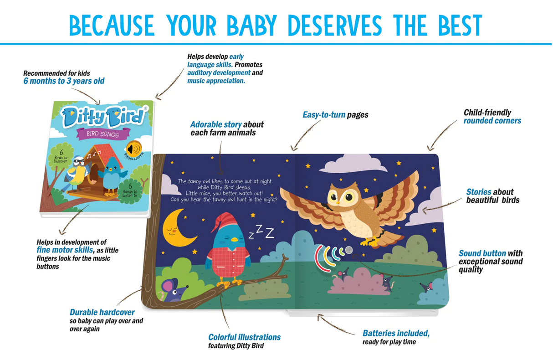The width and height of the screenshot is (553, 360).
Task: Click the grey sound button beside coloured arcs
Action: coord(348,250)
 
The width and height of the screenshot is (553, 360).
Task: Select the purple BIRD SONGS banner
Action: coord(102,134)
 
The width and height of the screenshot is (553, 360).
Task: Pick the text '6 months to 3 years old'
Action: coord(64,81)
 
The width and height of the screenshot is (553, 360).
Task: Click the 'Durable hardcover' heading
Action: coord(102,312)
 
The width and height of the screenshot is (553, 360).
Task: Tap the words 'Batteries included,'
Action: coord(396,333)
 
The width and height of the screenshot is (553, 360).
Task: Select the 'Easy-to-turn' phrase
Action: coord(324,115)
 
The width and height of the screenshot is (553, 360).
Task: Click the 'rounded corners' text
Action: coord(492,121)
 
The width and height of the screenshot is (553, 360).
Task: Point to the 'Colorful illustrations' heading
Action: coord(244,337)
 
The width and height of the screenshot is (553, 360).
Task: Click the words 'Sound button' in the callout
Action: coord(482,253)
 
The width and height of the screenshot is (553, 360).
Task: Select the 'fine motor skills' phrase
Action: coord(65,250)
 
